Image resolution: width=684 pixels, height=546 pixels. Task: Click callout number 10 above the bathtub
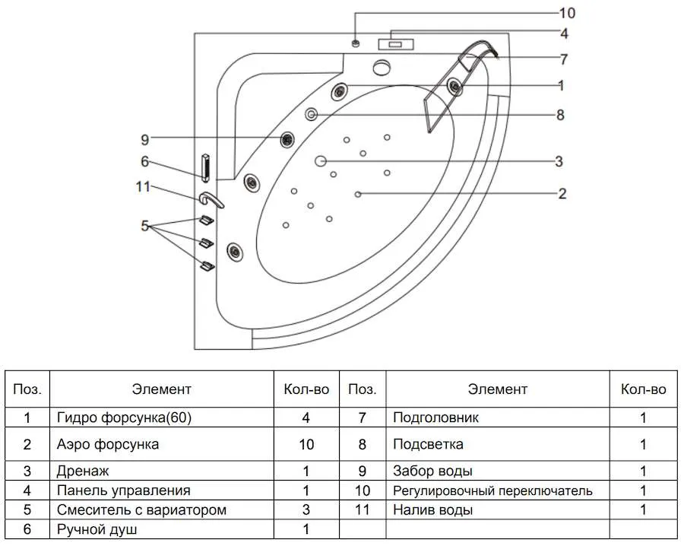tap(567, 13)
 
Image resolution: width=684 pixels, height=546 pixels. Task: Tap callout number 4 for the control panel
tap(565, 33)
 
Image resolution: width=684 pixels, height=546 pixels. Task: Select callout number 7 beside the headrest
tap(564, 59)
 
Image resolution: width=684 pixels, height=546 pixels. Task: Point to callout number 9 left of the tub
tap(145, 140)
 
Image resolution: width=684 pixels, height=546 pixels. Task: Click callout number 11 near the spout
tap(143, 187)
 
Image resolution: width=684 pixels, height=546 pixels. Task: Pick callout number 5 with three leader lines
tap(145, 226)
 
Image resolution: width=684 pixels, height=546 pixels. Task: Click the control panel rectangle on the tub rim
tap(396, 44)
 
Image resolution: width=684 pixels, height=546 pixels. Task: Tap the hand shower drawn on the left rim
tap(205, 167)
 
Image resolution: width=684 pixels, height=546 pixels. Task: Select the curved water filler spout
tap(211, 200)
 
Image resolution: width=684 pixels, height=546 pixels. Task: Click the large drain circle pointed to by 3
tap(321, 160)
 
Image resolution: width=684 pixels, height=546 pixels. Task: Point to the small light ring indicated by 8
tap(311, 114)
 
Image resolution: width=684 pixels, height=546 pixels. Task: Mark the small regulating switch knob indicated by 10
tap(356, 43)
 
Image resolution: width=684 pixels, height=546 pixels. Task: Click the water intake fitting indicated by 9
tap(287, 140)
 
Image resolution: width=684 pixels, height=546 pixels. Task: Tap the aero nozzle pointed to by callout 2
tap(358, 194)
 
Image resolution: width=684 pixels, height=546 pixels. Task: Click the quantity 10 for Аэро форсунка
tap(306, 444)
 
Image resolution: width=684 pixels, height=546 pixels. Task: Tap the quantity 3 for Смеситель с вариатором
tap(306, 509)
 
